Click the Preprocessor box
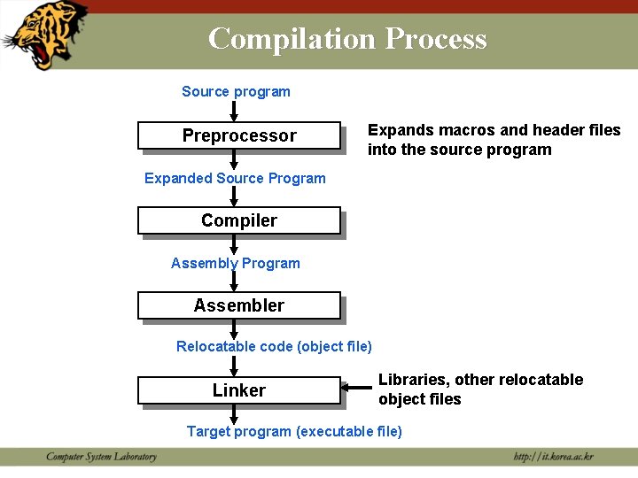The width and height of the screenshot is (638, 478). [x=238, y=135]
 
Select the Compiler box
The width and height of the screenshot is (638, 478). [x=238, y=220]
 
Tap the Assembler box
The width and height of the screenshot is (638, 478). [x=238, y=305]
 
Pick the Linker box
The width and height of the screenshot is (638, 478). [x=238, y=390]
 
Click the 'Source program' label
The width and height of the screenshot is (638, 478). [x=236, y=91]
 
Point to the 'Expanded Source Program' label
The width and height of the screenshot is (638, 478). [x=235, y=178]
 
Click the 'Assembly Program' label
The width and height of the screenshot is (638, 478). [x=235, y=263]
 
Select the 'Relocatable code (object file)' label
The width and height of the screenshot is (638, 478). [x=274, y=346]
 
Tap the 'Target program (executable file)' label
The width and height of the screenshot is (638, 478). [x=293, y=431]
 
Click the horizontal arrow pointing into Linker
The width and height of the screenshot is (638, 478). [x=357, y=387]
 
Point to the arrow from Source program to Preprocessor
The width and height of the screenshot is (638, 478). [x=234, y=111]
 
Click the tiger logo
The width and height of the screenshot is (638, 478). [x=45, y=34]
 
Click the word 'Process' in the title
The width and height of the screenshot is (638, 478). [x=436, y=39]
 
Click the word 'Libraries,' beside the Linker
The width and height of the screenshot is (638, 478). [x=414, y=380]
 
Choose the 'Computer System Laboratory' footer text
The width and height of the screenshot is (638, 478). [x=101, y=457]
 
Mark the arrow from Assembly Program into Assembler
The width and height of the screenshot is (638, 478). [x=234, y=281]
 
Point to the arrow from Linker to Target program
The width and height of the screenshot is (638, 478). [x=234, y=413]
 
